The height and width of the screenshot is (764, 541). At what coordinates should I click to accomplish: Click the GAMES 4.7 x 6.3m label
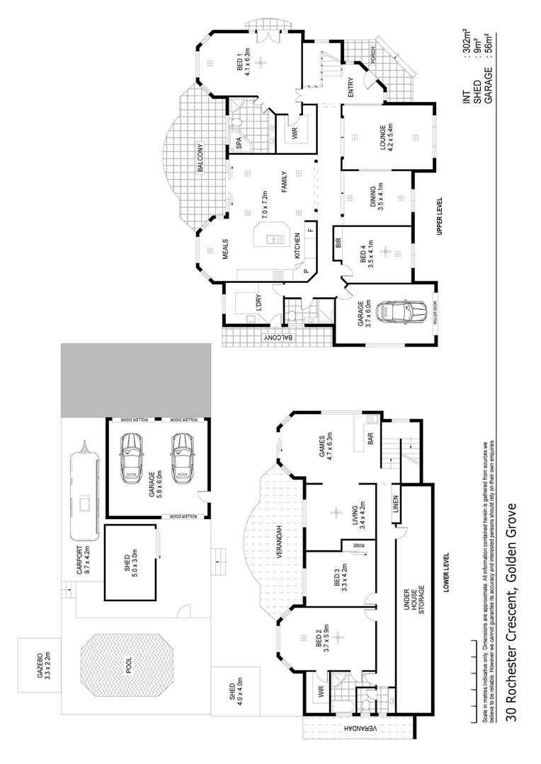326,446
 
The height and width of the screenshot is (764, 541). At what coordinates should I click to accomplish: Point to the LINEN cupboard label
394,507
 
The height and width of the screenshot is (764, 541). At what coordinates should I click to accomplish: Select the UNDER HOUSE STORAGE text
415,599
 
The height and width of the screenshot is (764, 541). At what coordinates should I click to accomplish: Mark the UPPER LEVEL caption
440,216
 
